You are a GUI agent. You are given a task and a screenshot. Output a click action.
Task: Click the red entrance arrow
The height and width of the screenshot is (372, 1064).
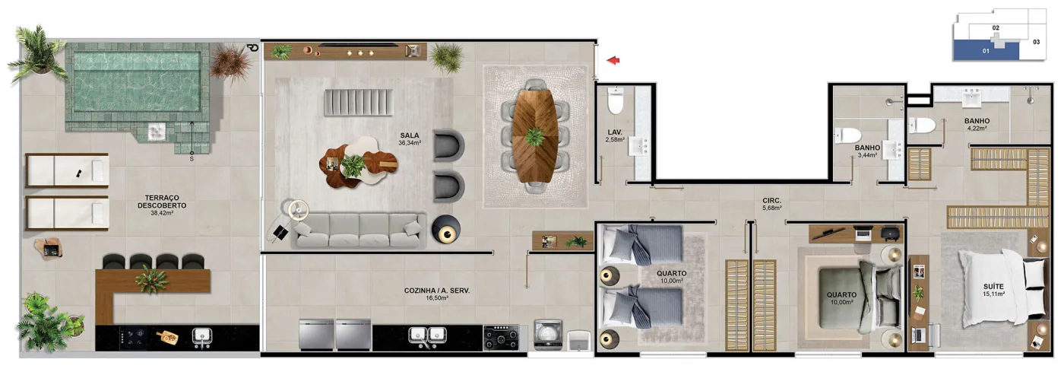point(613,60)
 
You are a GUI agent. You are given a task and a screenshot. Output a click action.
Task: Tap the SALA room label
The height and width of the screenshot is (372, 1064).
point(410,135)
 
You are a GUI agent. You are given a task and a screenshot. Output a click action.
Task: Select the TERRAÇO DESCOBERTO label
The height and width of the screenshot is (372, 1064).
point(162,202)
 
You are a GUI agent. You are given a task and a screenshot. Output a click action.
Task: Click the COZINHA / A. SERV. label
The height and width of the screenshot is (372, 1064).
point(437,290)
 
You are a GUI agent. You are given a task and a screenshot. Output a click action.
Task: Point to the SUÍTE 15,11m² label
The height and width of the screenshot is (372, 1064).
point(994,290)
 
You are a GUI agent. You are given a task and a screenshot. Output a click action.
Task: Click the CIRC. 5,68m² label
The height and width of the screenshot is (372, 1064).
point(772,205)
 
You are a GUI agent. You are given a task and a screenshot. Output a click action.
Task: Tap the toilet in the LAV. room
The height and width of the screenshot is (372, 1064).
point(616,100)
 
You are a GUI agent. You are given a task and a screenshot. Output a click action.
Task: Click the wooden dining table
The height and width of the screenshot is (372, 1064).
point(534,136)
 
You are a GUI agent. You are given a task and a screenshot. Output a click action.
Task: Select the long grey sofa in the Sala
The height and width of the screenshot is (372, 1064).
point(359,231)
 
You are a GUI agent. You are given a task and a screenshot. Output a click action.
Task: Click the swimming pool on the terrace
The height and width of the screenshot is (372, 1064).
point(137,82)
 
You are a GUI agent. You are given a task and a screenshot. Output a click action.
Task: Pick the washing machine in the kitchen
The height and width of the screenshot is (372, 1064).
point(549,335)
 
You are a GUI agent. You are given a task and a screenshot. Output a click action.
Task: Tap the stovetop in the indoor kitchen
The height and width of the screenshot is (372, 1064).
point(501,339)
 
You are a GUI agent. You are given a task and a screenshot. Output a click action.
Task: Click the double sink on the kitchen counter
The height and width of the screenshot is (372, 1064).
point(427,335)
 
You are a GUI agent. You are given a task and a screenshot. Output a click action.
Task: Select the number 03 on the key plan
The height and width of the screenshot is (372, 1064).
point(1037,42)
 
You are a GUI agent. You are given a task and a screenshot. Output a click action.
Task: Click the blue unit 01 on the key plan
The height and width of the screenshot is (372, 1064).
point(986,50)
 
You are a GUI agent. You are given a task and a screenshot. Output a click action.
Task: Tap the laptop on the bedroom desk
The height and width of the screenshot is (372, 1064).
point(863,234)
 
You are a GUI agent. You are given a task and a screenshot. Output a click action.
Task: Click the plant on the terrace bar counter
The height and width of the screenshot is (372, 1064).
point(151,280)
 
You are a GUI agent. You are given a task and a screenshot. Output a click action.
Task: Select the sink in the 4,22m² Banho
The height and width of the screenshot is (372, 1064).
point(972,97)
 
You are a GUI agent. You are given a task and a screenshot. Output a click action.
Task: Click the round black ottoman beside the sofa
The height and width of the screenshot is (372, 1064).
point(446,229)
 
